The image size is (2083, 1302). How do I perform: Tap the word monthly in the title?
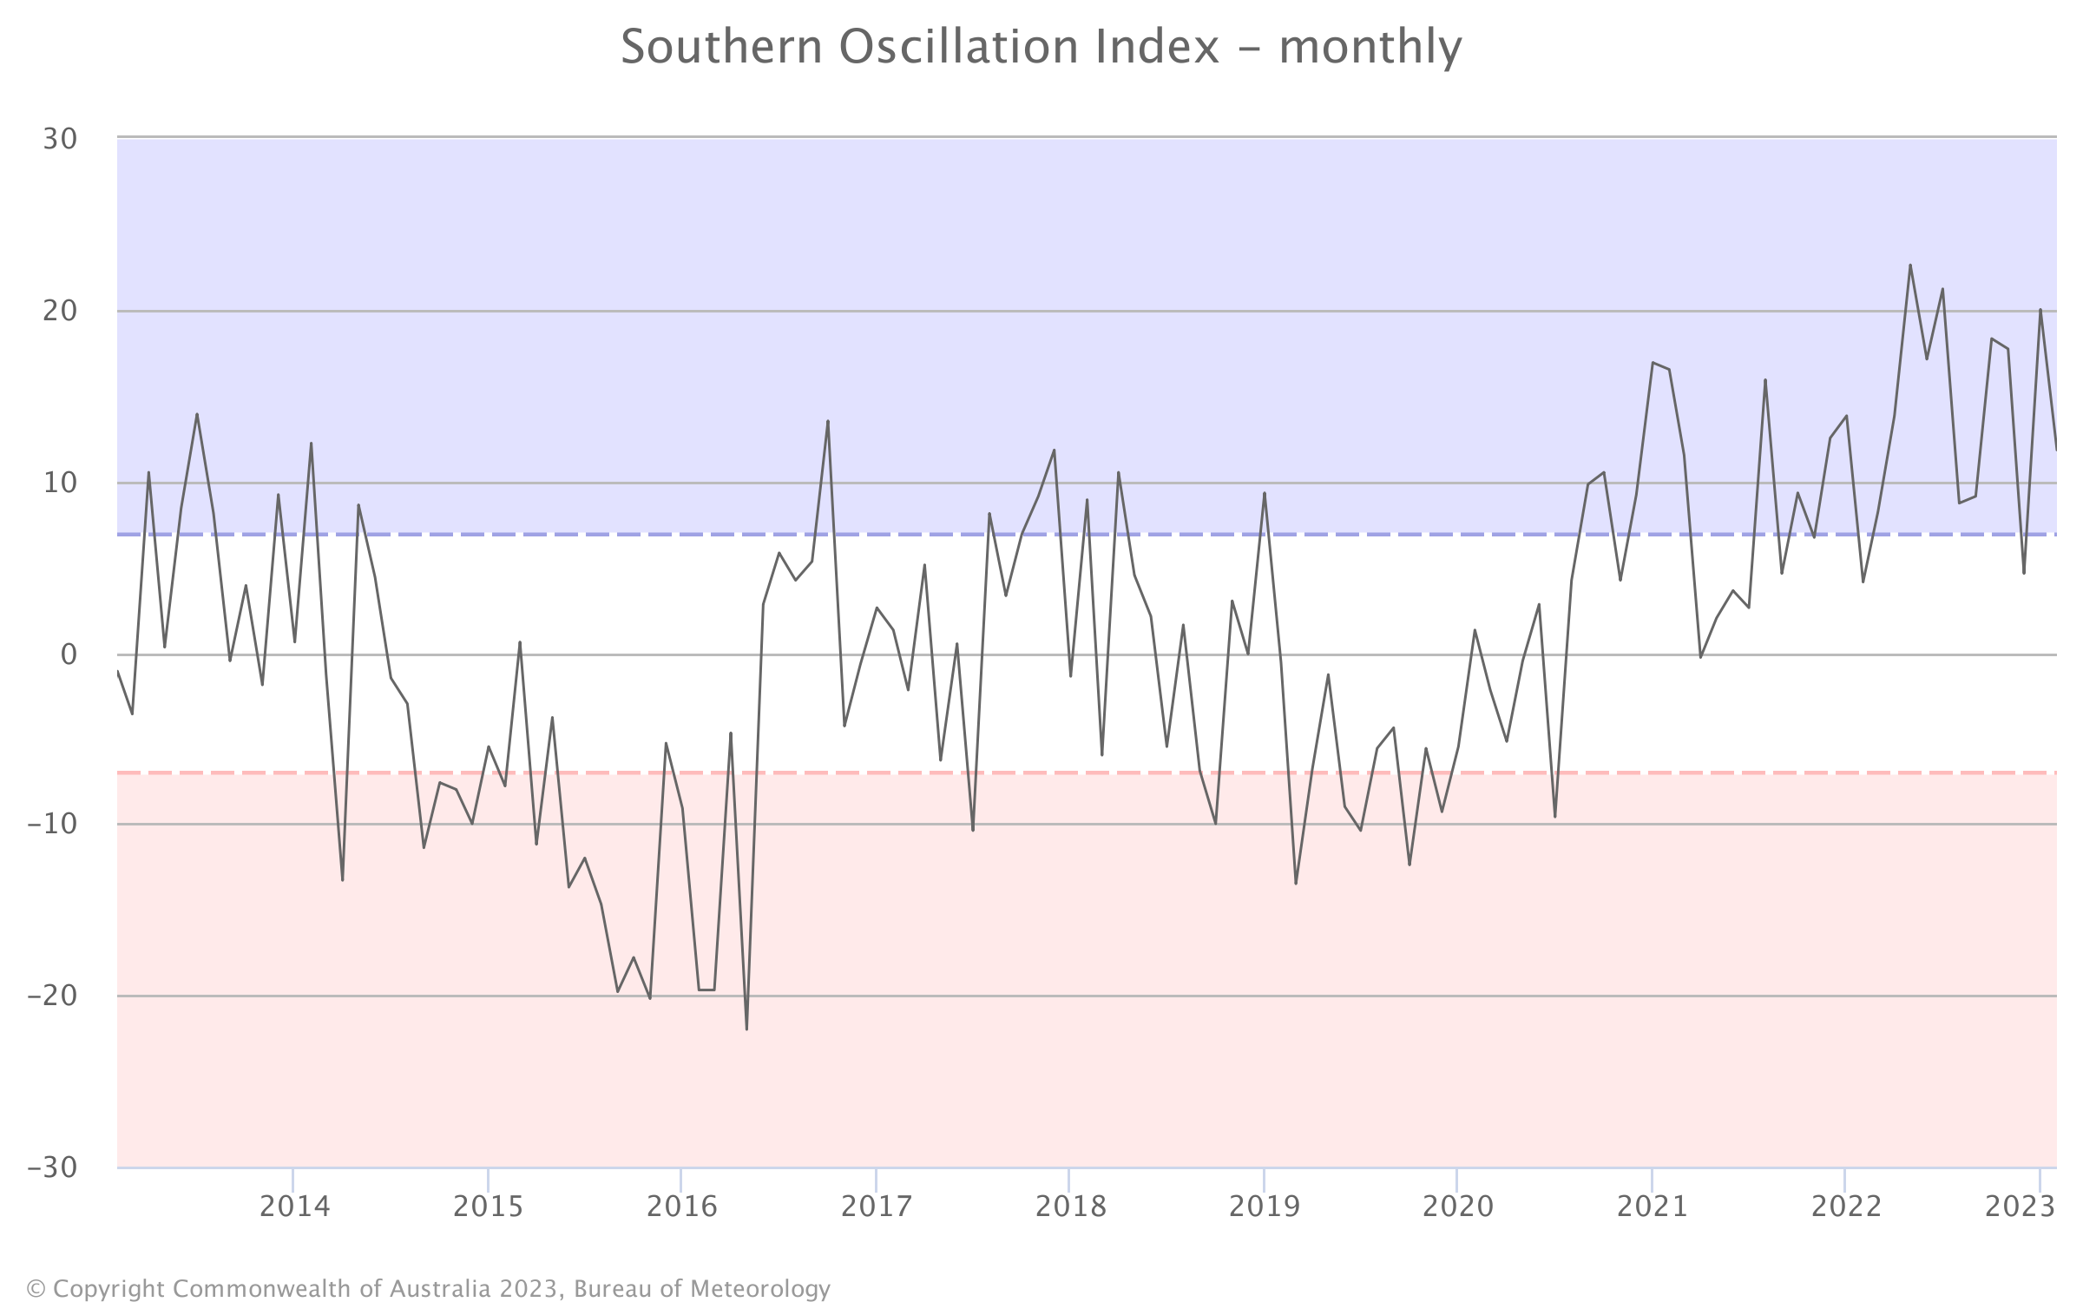tap(1370, 49)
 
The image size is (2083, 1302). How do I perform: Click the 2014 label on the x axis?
tap(295, 1207)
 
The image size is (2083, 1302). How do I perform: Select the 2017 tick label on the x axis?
tap(877, 1207)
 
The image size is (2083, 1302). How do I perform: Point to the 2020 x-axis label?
tap(1458, 1207)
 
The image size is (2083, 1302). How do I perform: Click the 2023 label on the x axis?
tap(2020, 1207)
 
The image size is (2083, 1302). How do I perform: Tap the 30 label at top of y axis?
tap(60, 139)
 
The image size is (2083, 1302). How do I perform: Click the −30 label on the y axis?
tap(52, 1167)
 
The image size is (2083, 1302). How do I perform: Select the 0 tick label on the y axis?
tap(69, 654)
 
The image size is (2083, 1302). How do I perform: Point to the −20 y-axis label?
tap(52, 996)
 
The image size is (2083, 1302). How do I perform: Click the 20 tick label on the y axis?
tap(60, 311)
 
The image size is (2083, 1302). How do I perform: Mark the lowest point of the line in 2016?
tap(746, 1029)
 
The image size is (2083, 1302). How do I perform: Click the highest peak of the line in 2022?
tap(1910, 265)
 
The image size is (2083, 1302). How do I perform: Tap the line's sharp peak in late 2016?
tap(827, 421)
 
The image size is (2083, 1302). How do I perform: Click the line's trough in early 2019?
tap(1296, 884)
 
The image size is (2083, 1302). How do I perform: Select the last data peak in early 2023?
tap(2040, 309)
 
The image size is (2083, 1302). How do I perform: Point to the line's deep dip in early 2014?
tap(343, 880)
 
